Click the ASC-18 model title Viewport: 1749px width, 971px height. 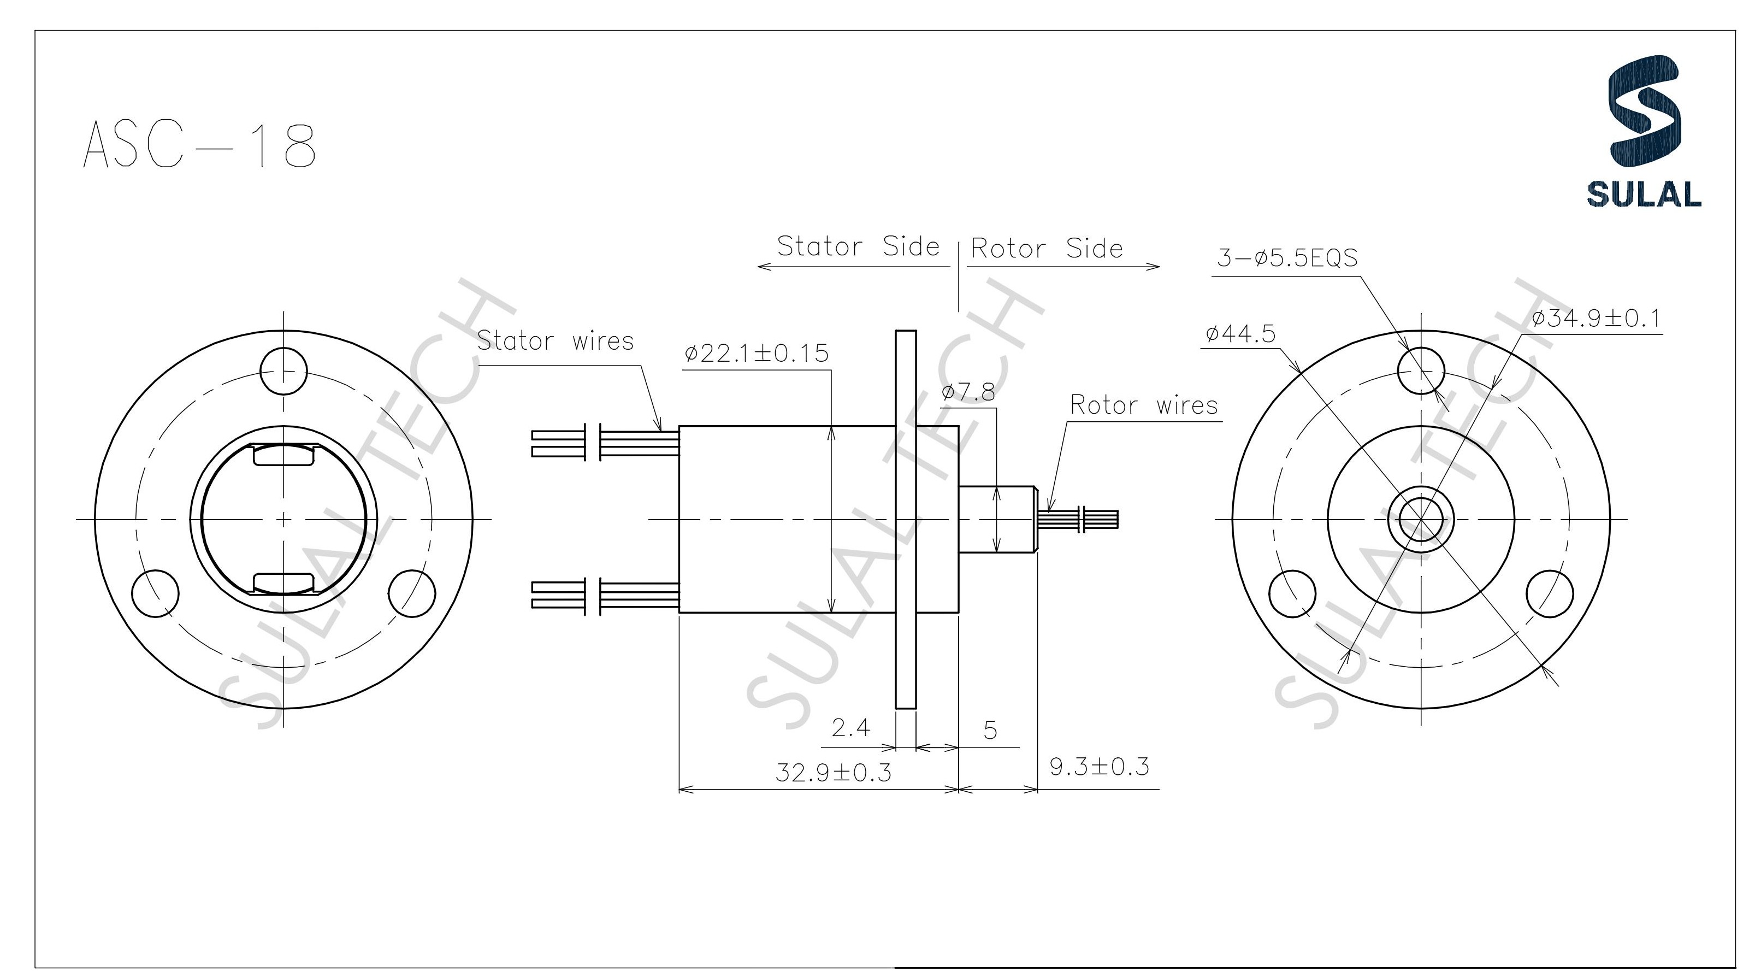199,145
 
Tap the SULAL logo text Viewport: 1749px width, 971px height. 1643,194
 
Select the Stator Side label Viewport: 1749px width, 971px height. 858,246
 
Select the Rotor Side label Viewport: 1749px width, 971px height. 1046,249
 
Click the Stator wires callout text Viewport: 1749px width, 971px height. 555,341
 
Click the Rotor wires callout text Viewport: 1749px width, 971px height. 1143,405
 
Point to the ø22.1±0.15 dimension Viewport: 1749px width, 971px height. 757,354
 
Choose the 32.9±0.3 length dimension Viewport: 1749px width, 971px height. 832,773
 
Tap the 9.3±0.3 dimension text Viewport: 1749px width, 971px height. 1098,767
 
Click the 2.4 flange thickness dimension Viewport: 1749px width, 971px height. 850,728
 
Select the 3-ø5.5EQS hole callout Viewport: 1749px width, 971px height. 1287,258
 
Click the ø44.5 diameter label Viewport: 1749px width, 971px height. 1240,334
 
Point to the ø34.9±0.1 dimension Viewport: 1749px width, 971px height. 1596,318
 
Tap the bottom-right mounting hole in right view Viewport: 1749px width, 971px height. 1550,594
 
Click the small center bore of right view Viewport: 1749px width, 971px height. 1420,520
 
